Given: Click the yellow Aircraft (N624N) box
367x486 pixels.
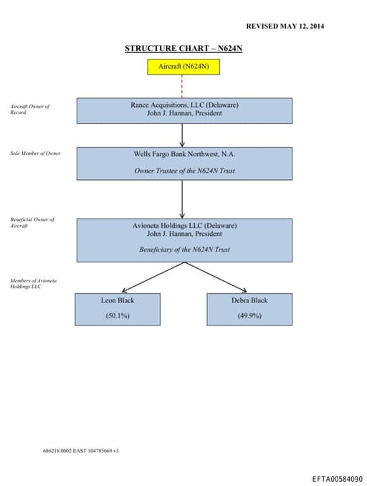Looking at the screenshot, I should (x=183, y=66).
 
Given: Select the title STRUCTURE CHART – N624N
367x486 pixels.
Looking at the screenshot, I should (x=183, y=48).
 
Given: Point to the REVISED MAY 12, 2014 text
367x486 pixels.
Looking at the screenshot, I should (x=285, y=26).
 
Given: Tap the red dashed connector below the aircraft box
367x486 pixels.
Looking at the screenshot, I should (x=183, y=86).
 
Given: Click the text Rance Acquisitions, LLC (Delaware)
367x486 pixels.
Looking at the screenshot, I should (x=184, y=105).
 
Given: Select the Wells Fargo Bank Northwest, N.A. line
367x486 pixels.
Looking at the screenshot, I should (x=184, y=154).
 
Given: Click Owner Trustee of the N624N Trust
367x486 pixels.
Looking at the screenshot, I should (x=184, y=171).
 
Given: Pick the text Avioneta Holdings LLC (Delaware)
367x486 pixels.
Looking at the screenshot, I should (x=184, y=225).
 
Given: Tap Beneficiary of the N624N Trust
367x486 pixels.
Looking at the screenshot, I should (x=184, y=249).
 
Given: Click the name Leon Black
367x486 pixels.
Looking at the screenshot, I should (x=118, y=300).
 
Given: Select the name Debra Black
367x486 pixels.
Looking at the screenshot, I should (x=249, y=300).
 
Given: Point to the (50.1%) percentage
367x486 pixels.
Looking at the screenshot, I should (x=118, y=315).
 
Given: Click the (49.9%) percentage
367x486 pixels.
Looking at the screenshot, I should (x=249, y=315).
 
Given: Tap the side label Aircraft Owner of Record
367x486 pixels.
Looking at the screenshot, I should (x=29, y=110).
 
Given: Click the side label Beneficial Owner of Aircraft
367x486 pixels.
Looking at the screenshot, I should (x=32, y=222).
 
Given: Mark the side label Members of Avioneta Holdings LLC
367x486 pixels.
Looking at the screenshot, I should (x=33, y=283).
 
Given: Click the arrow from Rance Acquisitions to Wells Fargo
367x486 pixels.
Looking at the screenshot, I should (x=183, y=135).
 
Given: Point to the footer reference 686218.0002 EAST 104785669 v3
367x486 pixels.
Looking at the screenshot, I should (x=81, y=451).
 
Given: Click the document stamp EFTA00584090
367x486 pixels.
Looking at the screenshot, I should (x=337, y=478).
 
